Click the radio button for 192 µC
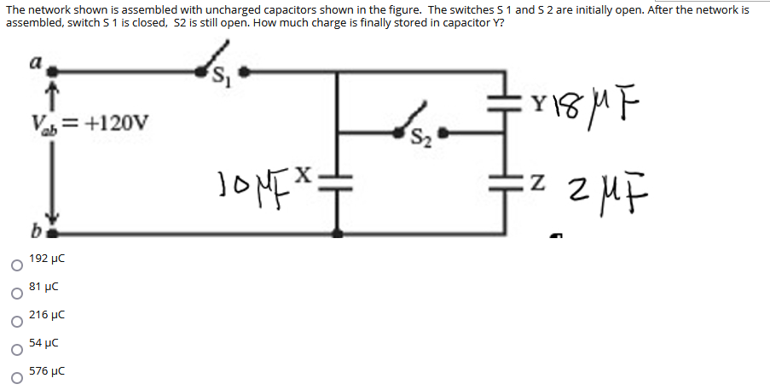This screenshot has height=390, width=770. click(14, 265)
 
